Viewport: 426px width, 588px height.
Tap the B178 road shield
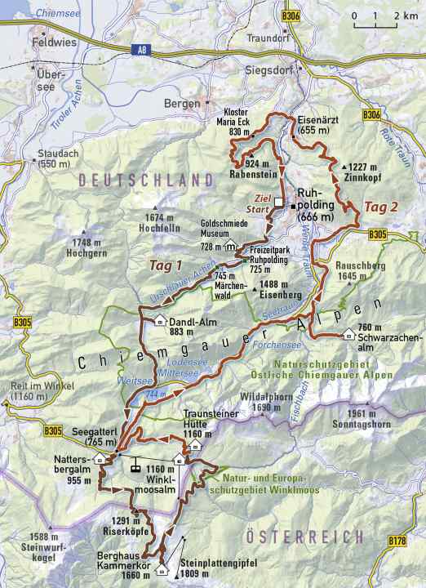click(397, 541)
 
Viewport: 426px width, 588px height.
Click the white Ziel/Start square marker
click(278, 202)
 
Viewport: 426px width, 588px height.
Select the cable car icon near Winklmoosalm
click(131, 468)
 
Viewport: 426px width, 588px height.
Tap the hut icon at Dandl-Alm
click(160, 319)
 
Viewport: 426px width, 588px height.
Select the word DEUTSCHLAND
click(140, 180)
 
